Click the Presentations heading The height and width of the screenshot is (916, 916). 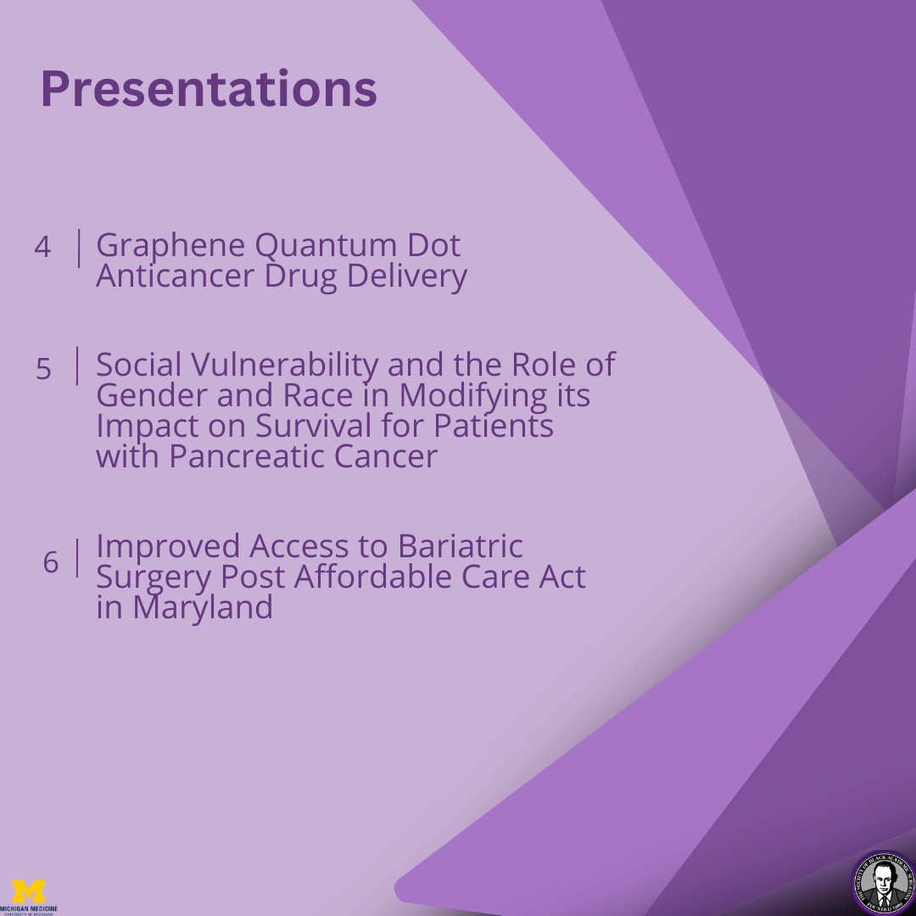209,89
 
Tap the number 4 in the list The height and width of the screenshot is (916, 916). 42,247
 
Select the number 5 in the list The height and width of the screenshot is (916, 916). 43,369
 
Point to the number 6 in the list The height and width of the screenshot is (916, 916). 51,562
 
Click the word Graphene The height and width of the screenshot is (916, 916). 172,247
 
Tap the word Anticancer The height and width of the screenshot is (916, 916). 174,276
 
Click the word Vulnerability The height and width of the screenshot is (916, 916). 280,366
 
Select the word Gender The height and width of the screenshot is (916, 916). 148,395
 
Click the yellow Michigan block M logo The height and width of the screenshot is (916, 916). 31,891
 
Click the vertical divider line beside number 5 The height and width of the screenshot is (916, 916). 78,366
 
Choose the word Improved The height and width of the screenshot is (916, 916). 175,546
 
